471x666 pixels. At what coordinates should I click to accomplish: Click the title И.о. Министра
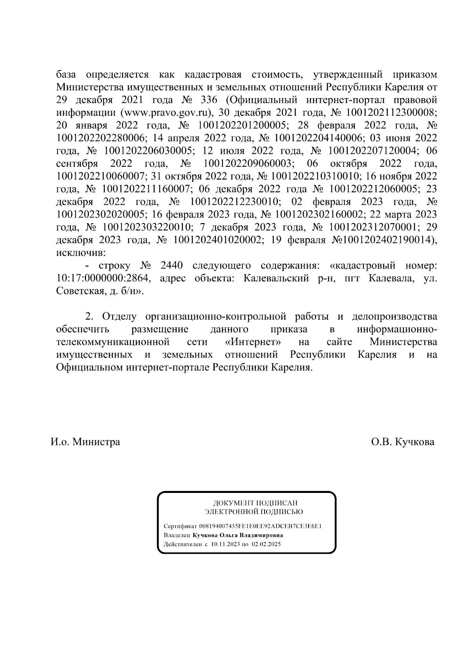[x=85, y=442]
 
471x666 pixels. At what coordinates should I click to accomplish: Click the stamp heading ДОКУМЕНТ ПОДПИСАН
[x=255, y=503]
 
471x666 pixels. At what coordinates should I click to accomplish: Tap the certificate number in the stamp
[x=261, y=526]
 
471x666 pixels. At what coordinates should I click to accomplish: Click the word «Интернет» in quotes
[x=254, y=342]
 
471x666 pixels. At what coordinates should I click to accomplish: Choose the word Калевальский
[x=280, y=279]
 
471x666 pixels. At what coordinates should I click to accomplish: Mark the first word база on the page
[x=67, y=74]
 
